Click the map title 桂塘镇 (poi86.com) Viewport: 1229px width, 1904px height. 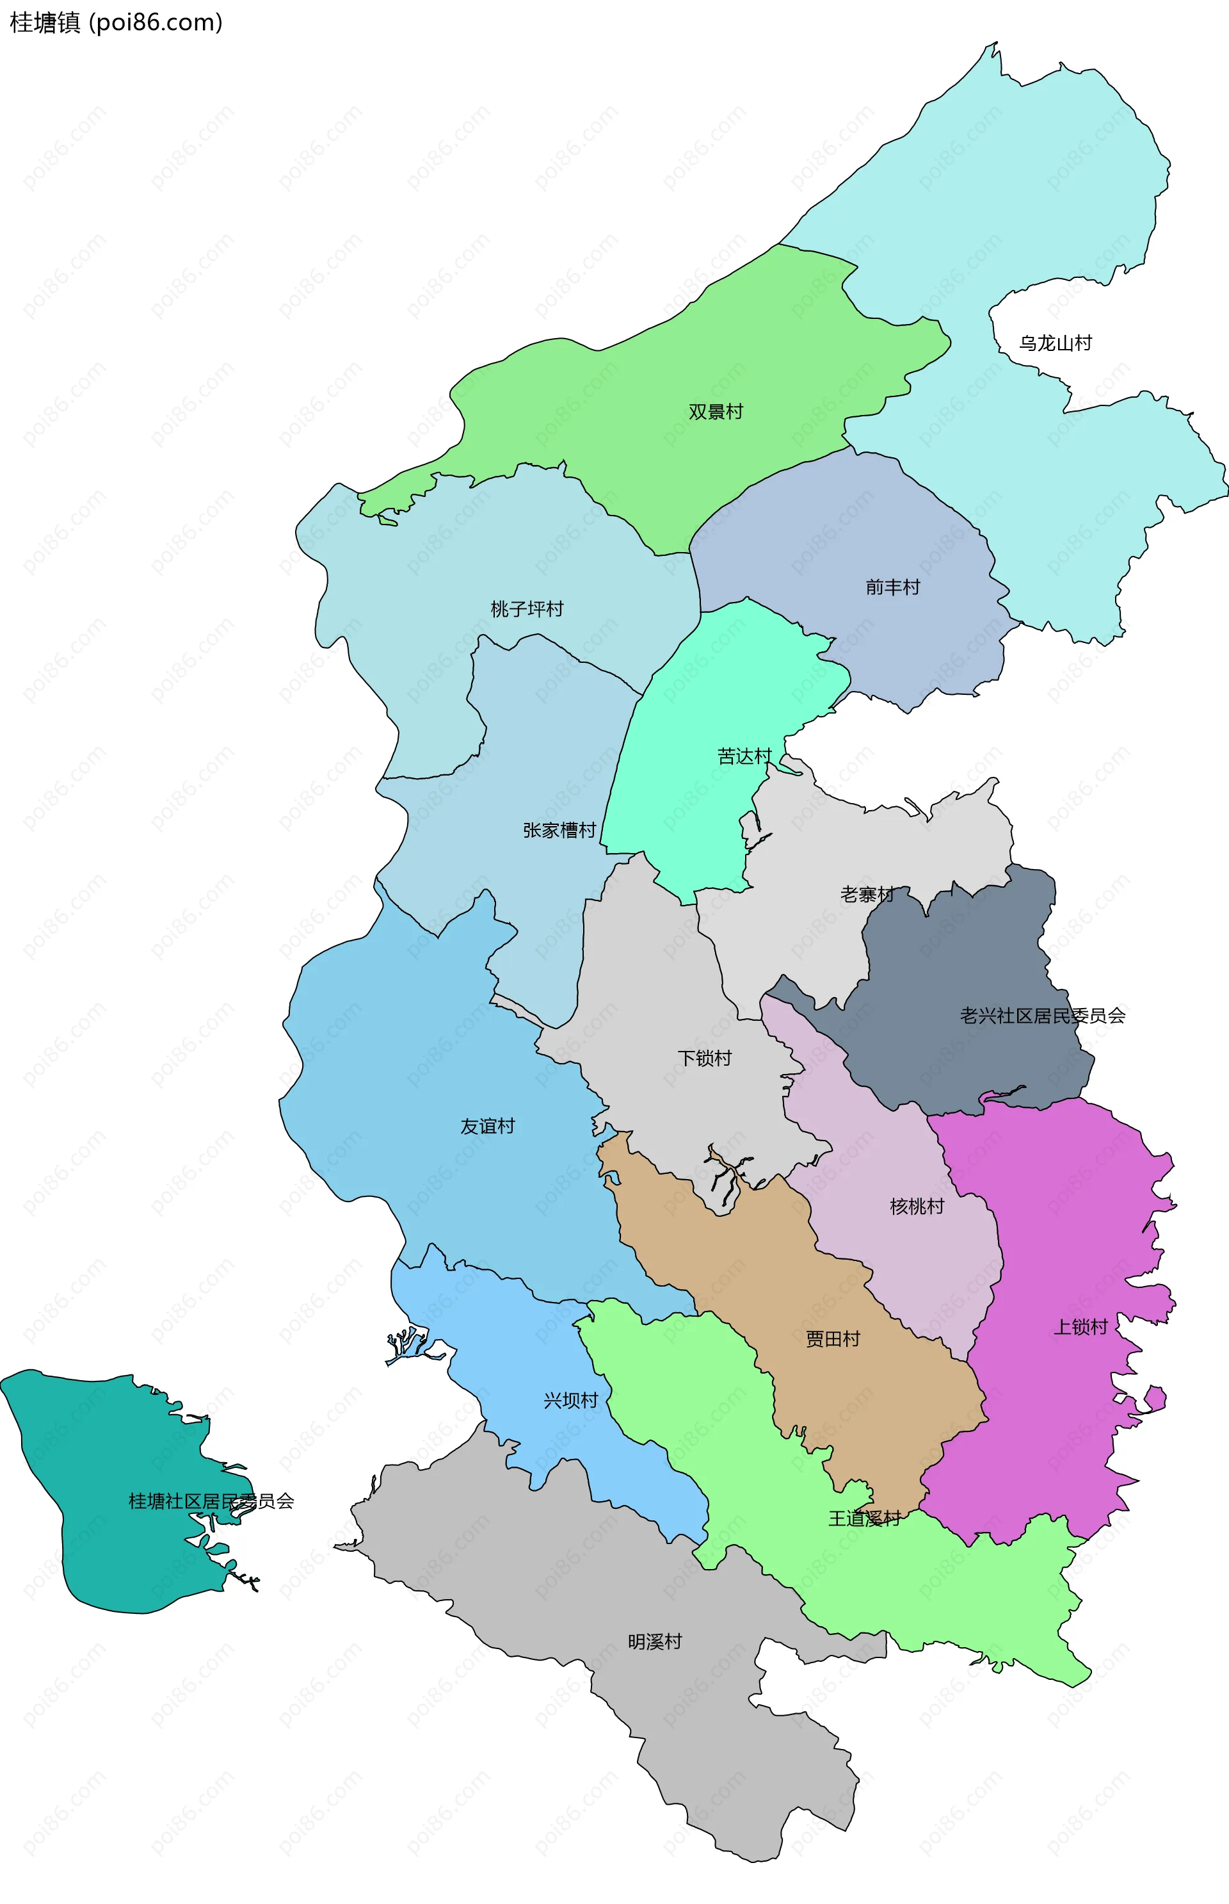click(116, 22)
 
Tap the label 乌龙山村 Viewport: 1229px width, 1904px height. click(1055, 343)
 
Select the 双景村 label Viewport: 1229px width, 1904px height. click(715, 412)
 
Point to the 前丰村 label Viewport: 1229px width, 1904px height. click(892, 587)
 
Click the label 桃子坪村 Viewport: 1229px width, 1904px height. click(527, 609)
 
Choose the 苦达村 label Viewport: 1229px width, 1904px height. click(744, 756)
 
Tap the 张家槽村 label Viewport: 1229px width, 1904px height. click(559, 830)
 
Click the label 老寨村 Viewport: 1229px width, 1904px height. click(867, 894)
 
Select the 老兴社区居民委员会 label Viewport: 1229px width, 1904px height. click(1042, 1016)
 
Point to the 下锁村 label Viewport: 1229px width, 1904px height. click(704, 1058)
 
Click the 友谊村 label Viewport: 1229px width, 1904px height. click(487, 1126)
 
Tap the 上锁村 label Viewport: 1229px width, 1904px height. click(1080, 1327)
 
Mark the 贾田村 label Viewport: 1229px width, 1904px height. click(832, 1338)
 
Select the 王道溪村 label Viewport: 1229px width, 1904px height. click(864, 1518)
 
